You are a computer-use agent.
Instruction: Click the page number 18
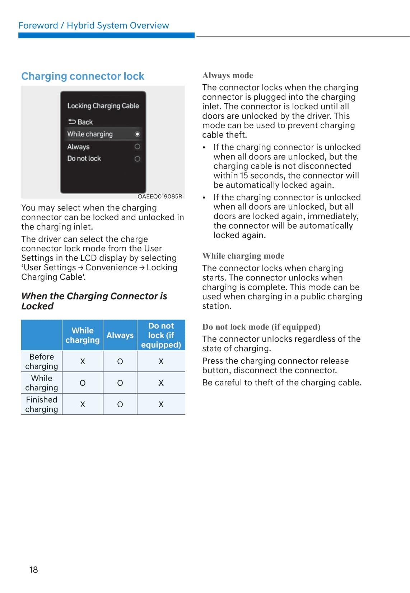[x=33, y=570]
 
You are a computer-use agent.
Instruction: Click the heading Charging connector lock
[x=83, y=76]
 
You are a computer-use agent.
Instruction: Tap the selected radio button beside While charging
[x=137, y=134]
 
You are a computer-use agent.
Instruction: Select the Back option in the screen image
[x=81, y=122]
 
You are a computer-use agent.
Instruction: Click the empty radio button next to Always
[x=137, y=147]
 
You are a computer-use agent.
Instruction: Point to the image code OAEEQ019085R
[x=160, y=196]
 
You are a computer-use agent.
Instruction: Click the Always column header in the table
[x=120, y=335]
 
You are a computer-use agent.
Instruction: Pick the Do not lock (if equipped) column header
[x=161, y=335]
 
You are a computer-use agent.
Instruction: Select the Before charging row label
[x=42, y=361]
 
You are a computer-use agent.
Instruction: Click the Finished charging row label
[x=42, y=404]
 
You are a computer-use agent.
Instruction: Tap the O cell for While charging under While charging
[x=83, y=383]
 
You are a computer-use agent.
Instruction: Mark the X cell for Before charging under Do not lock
[x=161, y=361]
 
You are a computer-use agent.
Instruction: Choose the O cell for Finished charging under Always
[x=120, y=404]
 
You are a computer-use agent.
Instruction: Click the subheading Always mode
[x=228, y=76]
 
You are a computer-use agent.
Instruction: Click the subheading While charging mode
[x=243, y=256]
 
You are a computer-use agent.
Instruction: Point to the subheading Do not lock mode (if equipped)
[x=261, y=327]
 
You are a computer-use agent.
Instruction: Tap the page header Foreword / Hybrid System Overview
[x=94, y=25]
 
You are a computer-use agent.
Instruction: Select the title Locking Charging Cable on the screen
[x=103, y=106]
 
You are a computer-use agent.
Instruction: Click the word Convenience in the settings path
[x=111, y=267]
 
